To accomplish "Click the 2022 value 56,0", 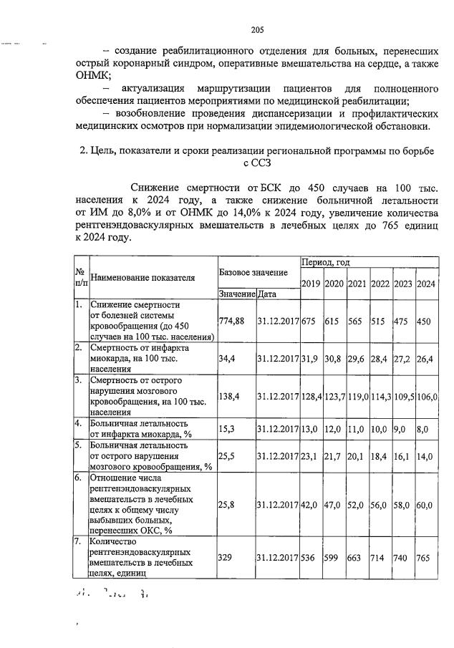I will (x=379, y=505).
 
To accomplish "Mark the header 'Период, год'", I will (x=325, y=263).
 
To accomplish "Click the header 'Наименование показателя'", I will (x=143, y=278).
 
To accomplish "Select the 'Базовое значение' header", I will (x=253, y=273).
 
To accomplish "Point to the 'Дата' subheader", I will (x=268, y=294).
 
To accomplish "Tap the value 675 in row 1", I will (x=310, y=321).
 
